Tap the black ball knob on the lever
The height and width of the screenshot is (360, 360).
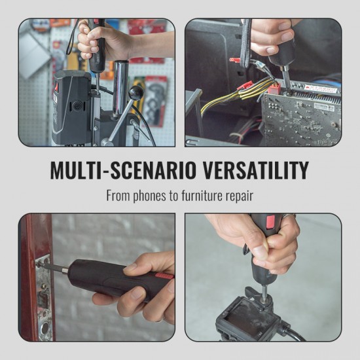click(x=135, y=93)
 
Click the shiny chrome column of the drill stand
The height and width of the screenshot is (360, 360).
click(x=120, y=88)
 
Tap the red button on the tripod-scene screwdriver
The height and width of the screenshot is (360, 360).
click(x=270, y=221)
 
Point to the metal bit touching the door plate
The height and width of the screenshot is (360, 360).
click(x=52, y=267)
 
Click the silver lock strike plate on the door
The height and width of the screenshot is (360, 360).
click(x=43, y=298)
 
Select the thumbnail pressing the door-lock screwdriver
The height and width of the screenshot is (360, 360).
click(x=131, y=268)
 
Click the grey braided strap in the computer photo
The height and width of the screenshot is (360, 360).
click(x=245, y=43)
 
